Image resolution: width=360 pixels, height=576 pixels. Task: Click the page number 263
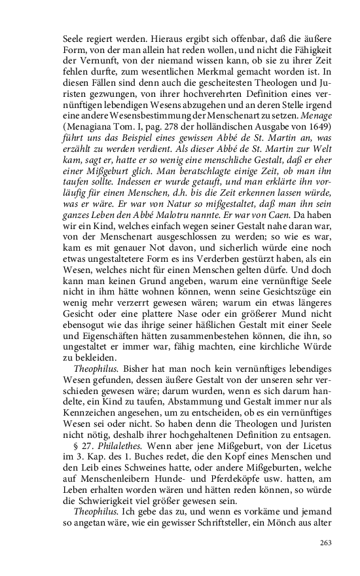(x=326, y=543)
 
